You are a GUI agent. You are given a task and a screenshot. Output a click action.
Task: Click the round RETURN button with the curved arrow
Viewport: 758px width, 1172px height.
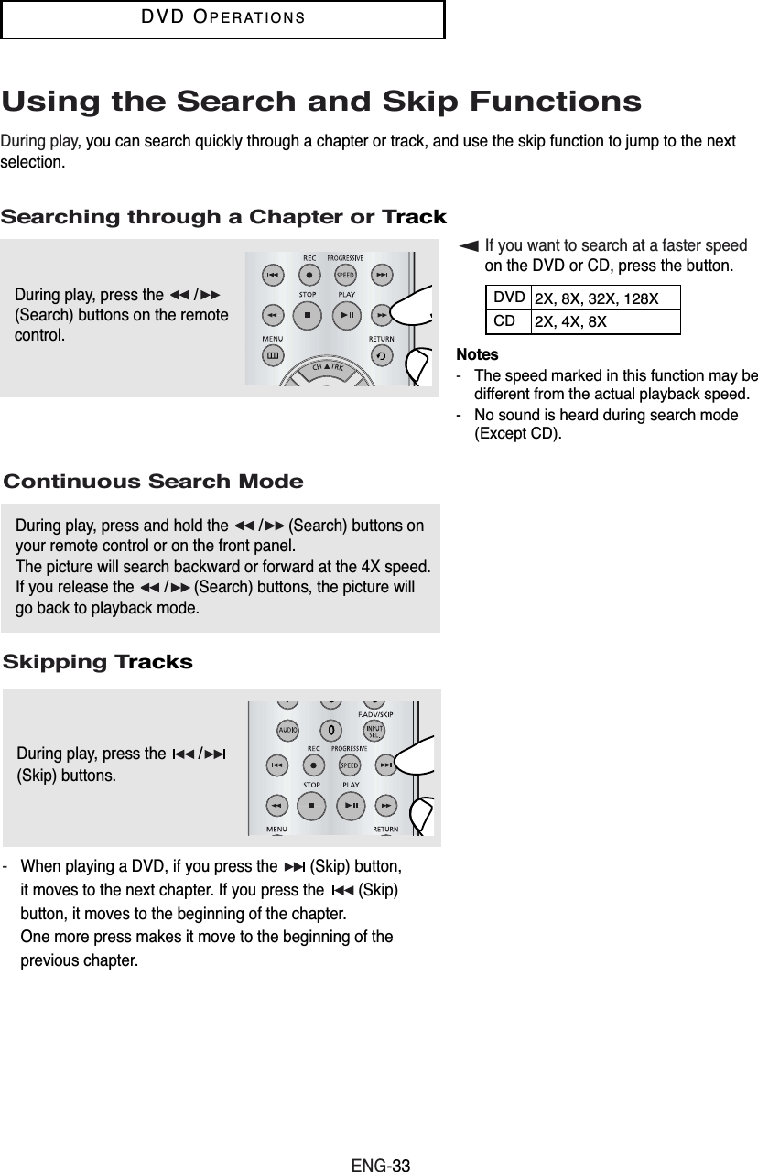pos(381,356)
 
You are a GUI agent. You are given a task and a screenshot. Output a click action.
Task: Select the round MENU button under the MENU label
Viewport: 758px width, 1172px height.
pos(273,356)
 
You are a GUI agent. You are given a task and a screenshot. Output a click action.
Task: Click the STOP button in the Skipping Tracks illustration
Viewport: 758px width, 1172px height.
pos(311,805)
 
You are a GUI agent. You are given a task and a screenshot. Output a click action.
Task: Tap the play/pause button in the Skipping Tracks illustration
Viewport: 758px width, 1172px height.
pos(350,805)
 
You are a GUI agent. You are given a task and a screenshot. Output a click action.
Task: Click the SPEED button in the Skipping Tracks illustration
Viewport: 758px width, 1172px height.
pos(349,765)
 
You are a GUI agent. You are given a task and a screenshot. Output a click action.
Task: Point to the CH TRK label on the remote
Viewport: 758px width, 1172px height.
pos(327,366)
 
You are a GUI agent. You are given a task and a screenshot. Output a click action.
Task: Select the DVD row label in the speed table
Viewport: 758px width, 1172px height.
pos(509,298)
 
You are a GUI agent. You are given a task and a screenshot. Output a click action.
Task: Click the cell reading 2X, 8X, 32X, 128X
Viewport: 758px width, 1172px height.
pos(595,298)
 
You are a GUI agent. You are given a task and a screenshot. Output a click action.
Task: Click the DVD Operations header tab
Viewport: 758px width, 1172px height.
pos(222,19)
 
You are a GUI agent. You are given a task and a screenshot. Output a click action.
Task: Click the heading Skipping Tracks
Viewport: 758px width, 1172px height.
pos(98,662)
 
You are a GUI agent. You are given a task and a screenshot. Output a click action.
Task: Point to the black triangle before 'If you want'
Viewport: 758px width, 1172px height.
pos(470,245)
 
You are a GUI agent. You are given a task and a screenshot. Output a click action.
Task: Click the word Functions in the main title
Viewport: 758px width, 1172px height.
pos(547,102)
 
